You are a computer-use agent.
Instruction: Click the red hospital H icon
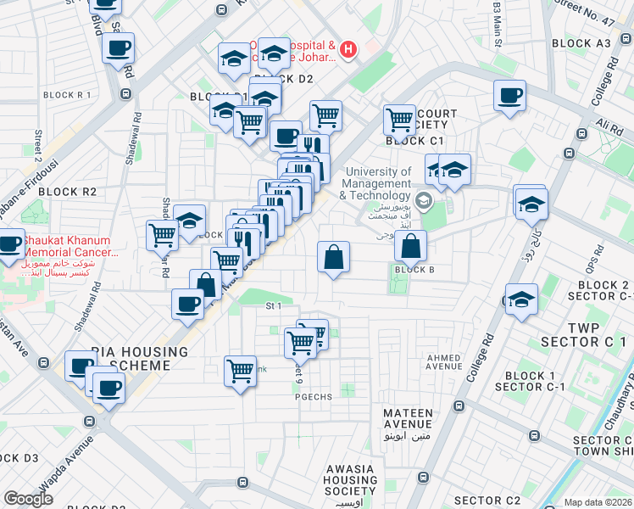click(x=348, y=52)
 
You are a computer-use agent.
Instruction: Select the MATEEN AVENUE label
click(x=408, y=420)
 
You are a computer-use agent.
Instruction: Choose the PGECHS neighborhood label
click(x=312, y=396)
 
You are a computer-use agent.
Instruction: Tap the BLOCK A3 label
click(x=581, y=43)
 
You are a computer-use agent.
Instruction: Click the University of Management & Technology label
click(x=376, y=183)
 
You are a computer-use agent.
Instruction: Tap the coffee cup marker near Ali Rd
click(x=510, y=96)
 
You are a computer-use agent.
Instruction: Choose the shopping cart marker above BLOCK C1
click(x=399, y=119)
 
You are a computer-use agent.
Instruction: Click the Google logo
click(x=28, y=499)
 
